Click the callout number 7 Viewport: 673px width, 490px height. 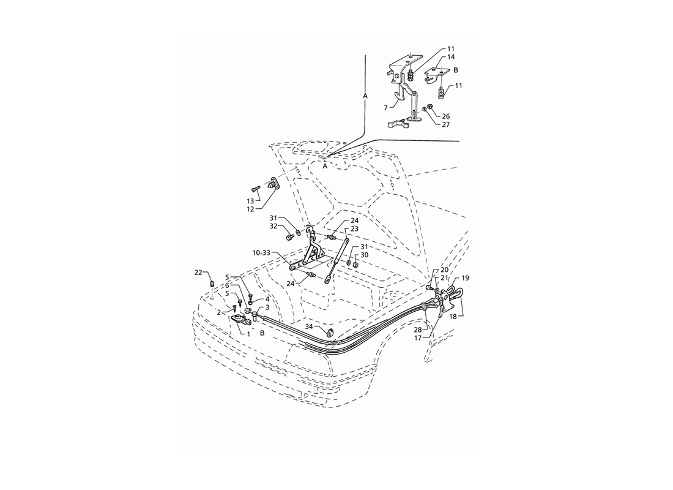pos(386,107)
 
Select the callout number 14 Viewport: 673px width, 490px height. pos(451,57)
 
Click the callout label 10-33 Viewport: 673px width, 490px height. pos(261,253)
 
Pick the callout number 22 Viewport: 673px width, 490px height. pos(198,273)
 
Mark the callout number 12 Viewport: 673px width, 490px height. pos(250,209)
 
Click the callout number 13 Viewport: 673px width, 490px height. pos(250,201)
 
